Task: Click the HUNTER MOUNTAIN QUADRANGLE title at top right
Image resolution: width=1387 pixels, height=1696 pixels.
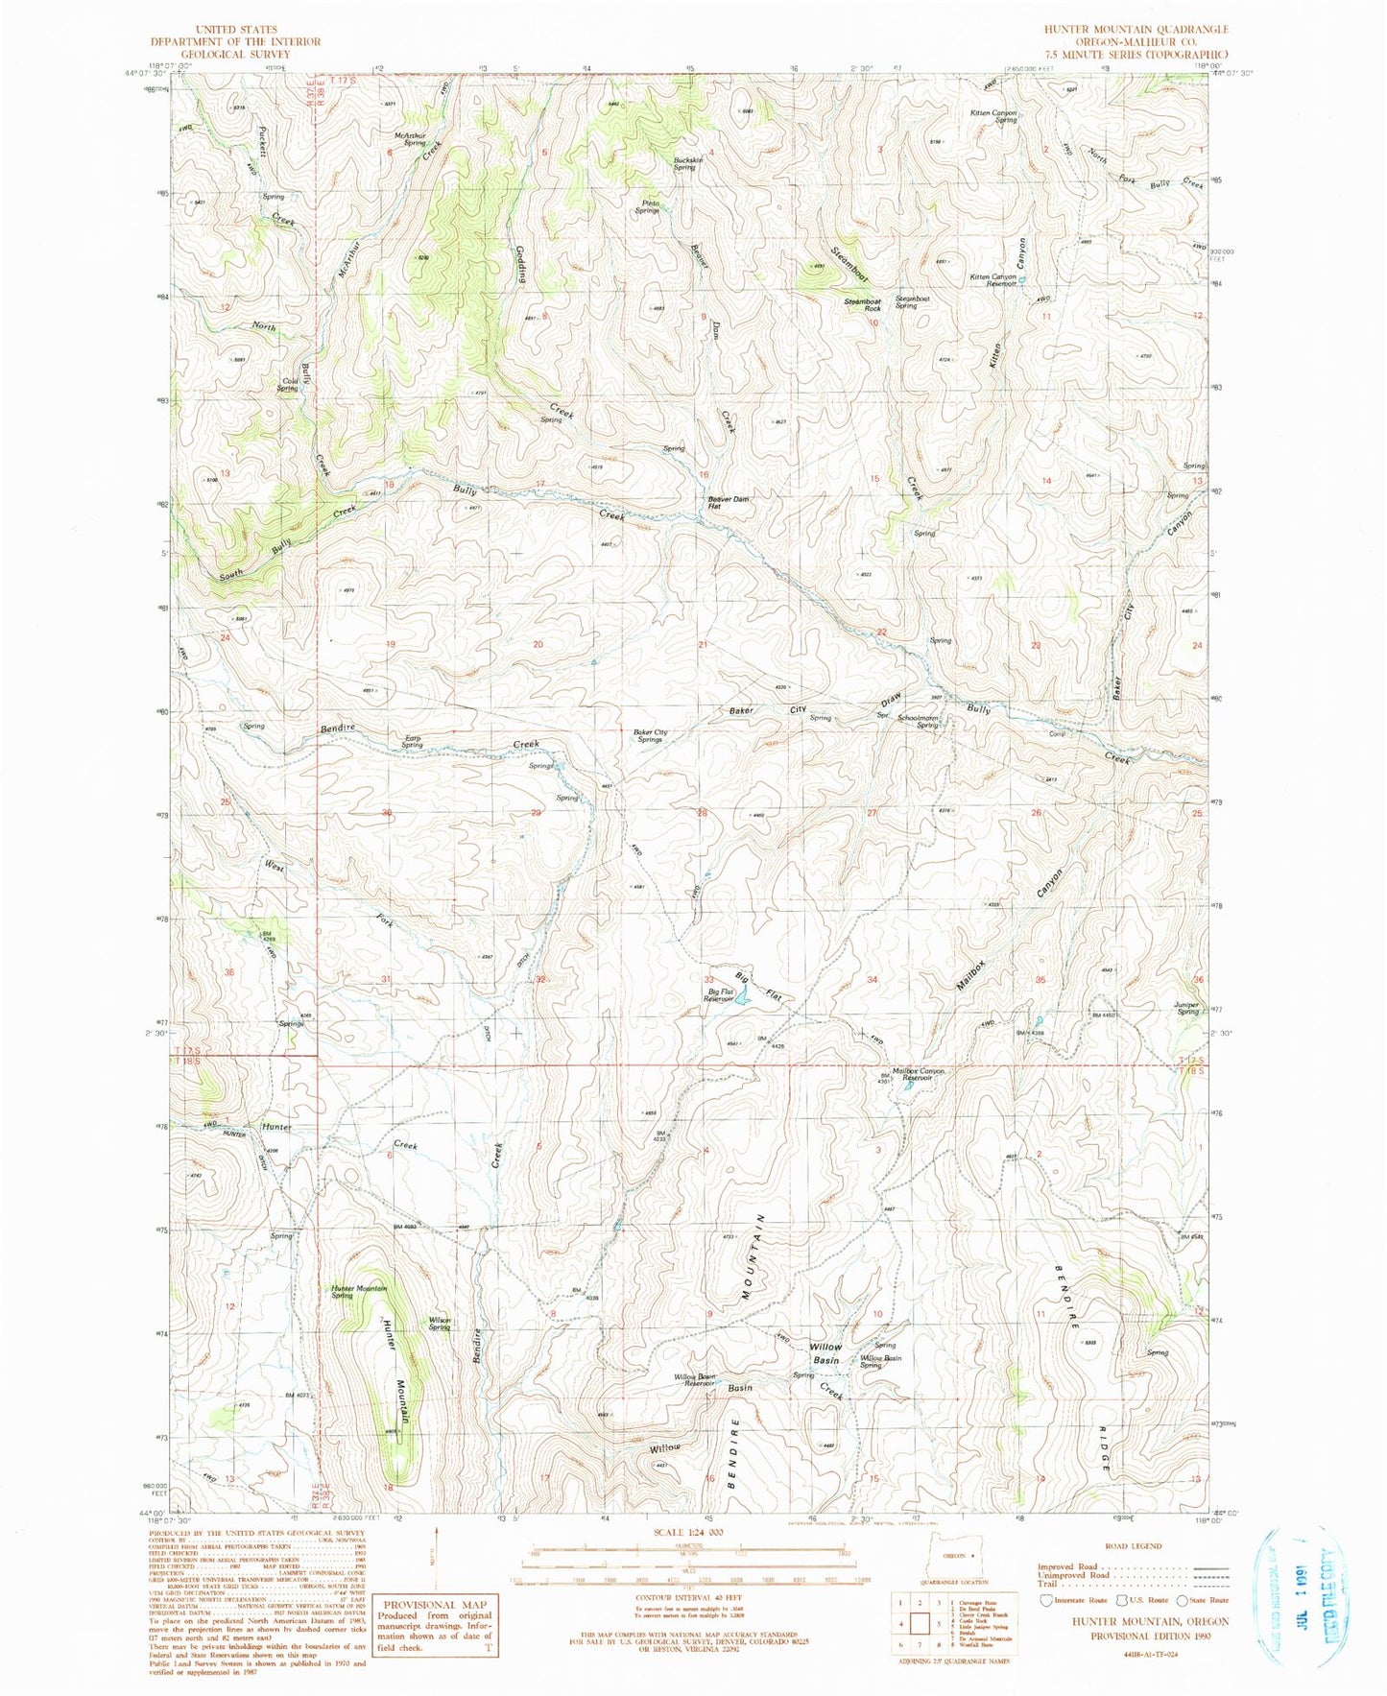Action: tap(1136, 30)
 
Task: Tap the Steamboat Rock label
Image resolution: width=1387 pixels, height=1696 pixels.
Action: tap(862, 304)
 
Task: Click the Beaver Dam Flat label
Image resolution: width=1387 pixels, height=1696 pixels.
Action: tap(729, 502)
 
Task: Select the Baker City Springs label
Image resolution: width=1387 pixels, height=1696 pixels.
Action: tap(650, 736)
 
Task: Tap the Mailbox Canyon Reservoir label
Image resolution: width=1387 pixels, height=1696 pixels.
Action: tap(918, 1075)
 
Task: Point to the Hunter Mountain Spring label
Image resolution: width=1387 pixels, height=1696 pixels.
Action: tap(357, 1292)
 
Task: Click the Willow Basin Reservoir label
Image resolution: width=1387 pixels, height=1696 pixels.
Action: tap(693, 1379)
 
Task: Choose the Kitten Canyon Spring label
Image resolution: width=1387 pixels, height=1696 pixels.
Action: tap(992, 116)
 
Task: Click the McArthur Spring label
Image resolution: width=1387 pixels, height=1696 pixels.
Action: tap(409, 138)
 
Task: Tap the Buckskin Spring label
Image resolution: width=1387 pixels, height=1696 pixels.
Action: tap(687, 163)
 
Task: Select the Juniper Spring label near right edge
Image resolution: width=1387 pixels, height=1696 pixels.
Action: tap(1186, 1009)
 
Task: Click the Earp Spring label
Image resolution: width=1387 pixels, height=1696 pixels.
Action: tap(411, 742)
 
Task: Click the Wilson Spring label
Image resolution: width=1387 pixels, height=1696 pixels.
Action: tap(440, 1323)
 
